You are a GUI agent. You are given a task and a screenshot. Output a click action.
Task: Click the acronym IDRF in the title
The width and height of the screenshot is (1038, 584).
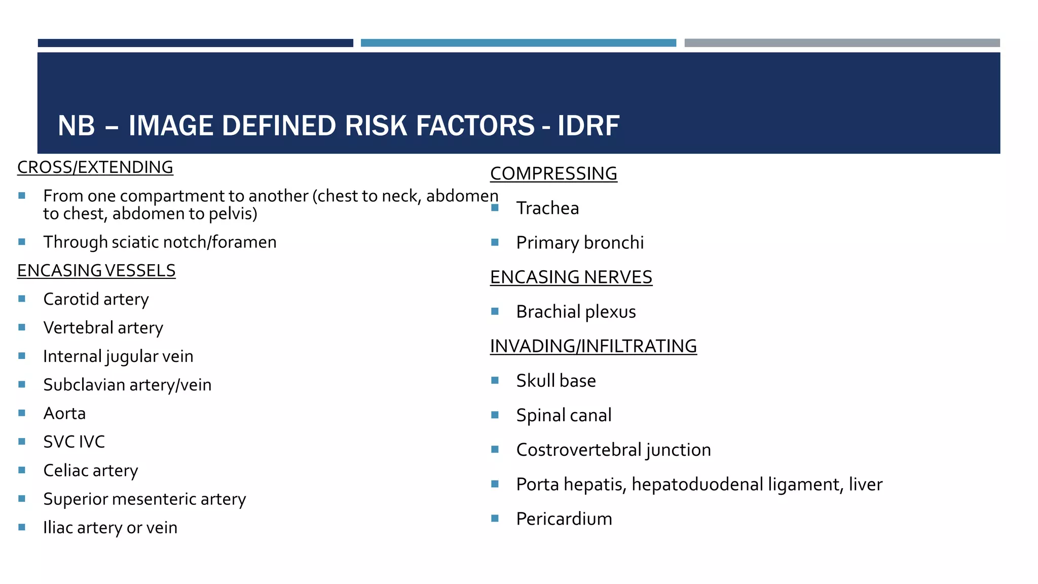click(588, 126)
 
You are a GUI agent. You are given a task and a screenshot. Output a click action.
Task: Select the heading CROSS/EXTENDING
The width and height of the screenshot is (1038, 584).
click(95, 167)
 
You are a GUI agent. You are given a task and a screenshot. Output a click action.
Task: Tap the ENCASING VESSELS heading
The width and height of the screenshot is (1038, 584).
click(96, 271)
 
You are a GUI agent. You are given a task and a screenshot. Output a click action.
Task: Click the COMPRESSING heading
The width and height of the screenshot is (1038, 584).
click(553, 173)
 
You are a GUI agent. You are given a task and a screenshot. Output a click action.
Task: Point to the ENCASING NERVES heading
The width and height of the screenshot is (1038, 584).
click(571, 277)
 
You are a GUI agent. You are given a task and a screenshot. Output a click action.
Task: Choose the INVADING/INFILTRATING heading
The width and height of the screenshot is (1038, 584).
click(593, 346)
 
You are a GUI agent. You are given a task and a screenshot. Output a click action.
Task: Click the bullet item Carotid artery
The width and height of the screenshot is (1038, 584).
click(96, 299)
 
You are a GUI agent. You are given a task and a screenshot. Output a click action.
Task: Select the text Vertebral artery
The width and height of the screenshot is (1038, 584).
click(103, 328)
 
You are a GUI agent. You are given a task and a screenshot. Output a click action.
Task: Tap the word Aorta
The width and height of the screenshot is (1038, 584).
click(64, 413)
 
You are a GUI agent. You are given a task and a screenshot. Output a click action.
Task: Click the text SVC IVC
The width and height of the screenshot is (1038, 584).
click(74, 442)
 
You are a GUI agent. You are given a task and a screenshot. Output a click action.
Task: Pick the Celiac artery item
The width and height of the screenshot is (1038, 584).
click(90, 470)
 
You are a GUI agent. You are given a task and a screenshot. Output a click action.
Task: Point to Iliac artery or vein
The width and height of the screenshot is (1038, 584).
click(110, 528)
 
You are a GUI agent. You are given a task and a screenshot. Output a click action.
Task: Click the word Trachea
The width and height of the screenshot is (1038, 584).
click(547, 208)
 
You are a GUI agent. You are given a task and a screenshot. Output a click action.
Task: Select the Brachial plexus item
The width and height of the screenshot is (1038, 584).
click(576, 312)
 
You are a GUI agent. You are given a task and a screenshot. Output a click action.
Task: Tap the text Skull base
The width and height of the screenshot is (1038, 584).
click(556, 381)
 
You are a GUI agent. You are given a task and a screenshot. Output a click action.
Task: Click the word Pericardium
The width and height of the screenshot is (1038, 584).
click(564, 519)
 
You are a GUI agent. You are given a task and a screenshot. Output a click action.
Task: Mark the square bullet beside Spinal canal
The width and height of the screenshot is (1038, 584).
click(495, 415)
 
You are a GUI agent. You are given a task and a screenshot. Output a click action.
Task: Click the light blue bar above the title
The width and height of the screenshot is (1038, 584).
click(518, 43)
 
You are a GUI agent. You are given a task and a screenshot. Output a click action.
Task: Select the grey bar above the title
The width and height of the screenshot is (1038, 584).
click(842, 43)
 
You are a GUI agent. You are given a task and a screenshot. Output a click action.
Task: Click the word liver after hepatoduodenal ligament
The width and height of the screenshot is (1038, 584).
click(866, 485)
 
